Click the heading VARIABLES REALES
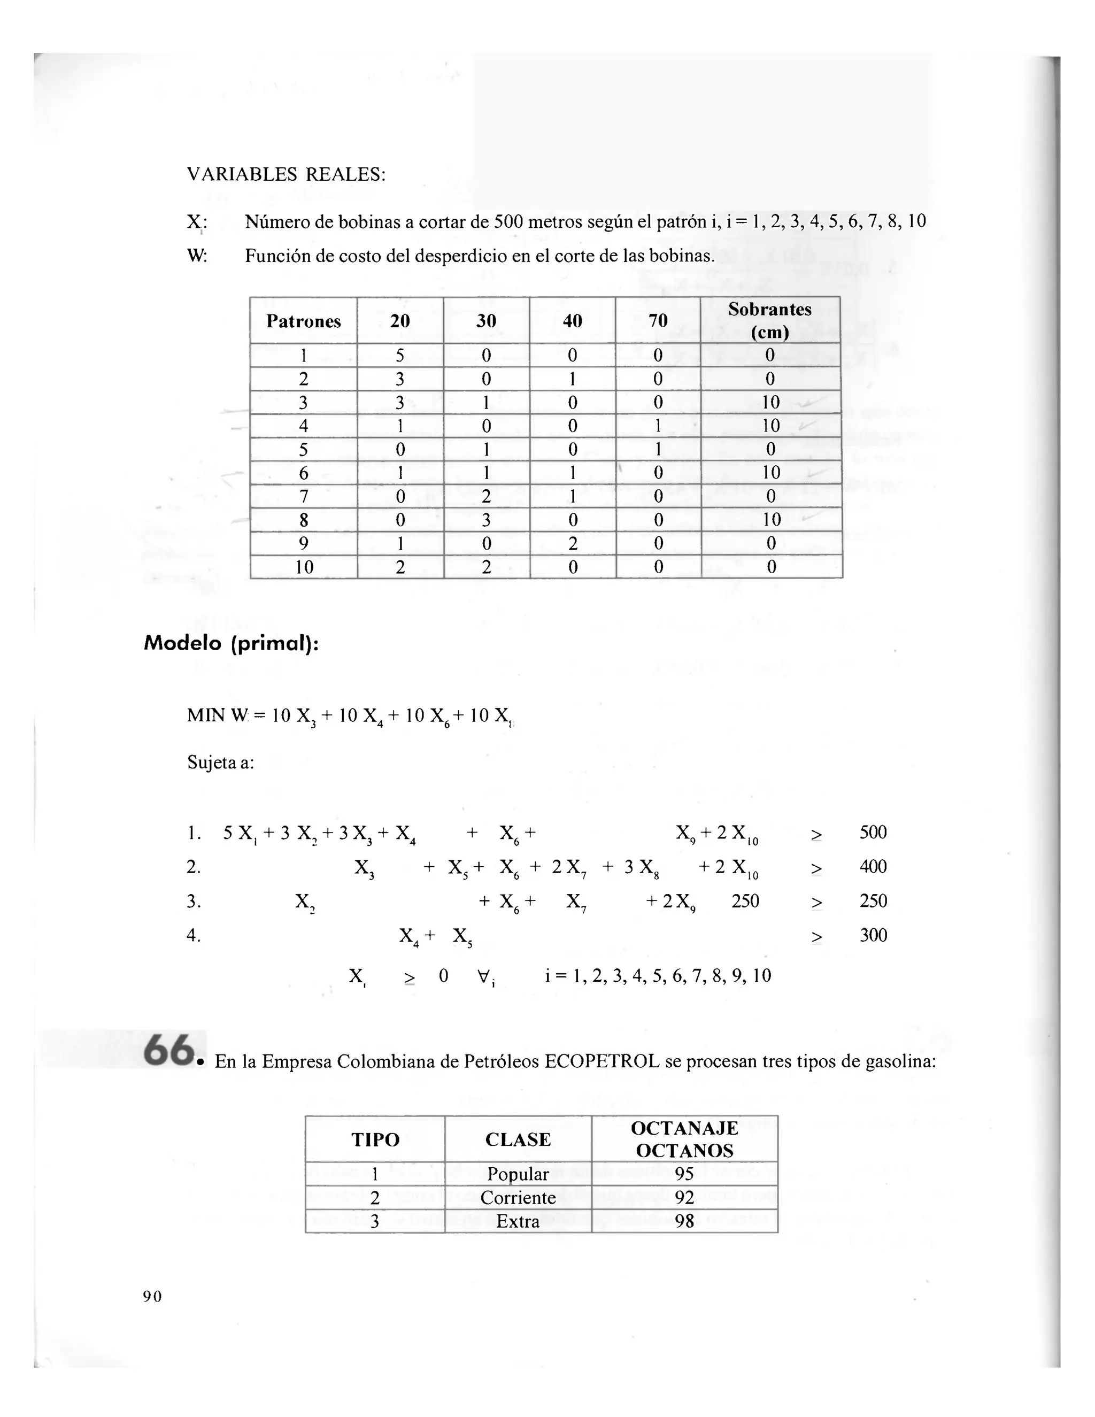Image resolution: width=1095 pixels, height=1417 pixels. click(286, 174)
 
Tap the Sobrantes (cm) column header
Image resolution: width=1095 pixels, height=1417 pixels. click(769, 320)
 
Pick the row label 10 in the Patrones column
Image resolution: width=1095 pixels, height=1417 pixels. click(304, 567)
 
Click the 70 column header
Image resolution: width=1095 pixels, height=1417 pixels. click(658, 320)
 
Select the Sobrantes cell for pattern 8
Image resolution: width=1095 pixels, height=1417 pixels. click(770, 520)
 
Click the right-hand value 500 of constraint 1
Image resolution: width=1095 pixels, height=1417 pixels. click(873, 833)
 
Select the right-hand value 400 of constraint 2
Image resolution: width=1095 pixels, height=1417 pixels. click(873, 867)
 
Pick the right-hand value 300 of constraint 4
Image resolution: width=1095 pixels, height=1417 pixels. click(873, 935)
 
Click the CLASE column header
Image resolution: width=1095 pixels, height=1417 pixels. click(518, 1139)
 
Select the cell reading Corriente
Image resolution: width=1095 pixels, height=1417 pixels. click(518, 1198)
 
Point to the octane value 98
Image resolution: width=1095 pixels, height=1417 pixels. click(684, 1221)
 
